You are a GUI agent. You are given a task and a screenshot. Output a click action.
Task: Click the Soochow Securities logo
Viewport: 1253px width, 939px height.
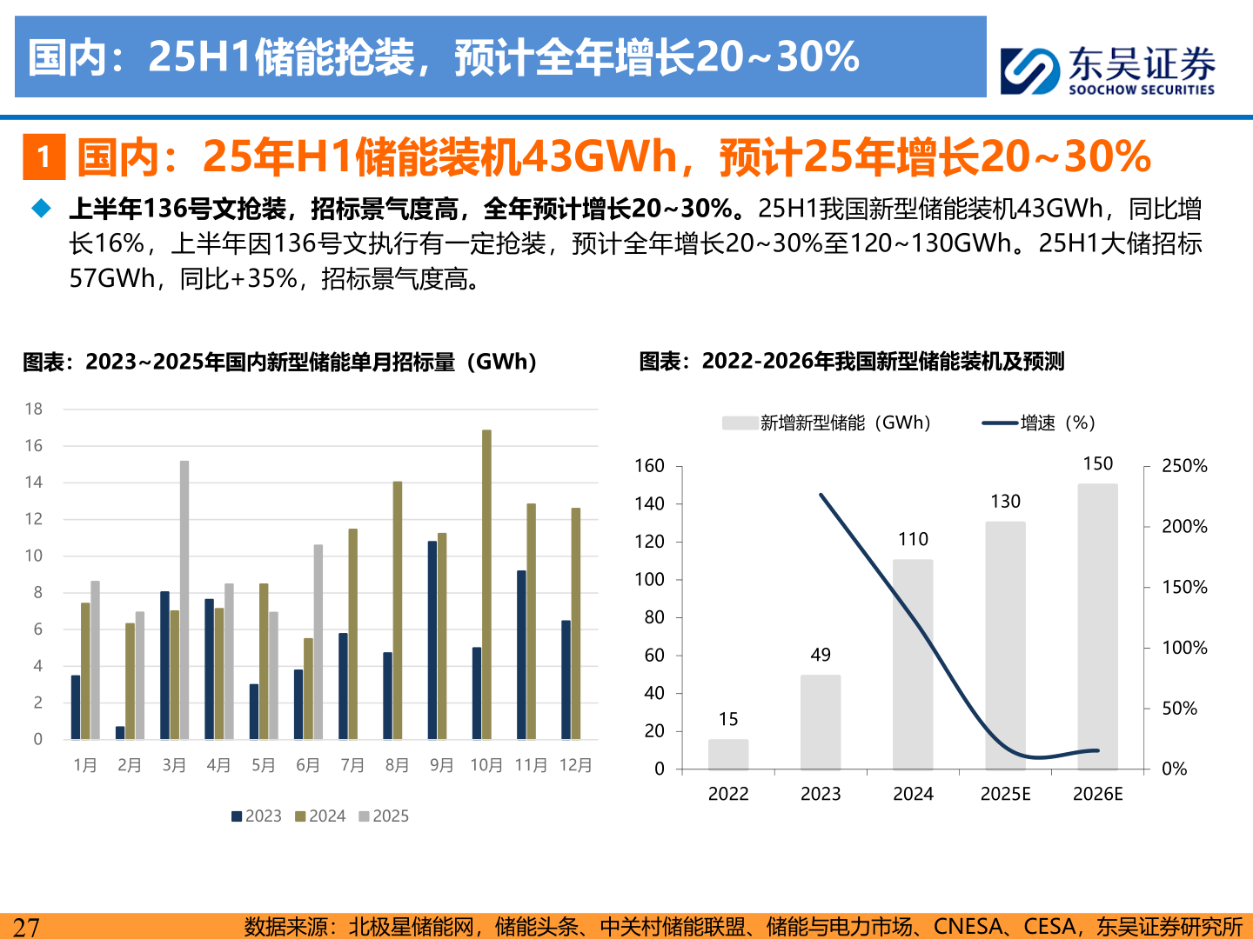(x=1107, y=70)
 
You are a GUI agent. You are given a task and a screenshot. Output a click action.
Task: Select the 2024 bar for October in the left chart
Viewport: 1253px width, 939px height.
(x=486, y=584)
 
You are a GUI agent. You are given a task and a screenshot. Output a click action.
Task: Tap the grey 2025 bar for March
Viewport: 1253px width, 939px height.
(x=184, y=600)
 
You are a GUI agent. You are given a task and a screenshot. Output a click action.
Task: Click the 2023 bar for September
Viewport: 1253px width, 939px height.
(x=432, y=640)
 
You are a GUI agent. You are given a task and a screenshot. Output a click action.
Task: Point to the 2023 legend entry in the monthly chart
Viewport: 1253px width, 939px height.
(x=257, y=816)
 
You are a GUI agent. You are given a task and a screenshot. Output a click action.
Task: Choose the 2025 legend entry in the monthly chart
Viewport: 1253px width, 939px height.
(x=384, y=816)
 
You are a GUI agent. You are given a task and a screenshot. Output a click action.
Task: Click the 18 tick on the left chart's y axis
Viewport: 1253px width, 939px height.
(x=34, y=409)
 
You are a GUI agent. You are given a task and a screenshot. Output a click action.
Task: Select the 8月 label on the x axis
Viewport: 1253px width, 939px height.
(x=397, y=765)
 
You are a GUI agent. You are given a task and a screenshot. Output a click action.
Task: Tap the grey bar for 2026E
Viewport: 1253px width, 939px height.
(x=1097, y=626)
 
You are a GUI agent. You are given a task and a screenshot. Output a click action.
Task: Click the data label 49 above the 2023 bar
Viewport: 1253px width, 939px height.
(x=821, y=655)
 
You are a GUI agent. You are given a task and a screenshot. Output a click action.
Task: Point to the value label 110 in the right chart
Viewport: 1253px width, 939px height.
(x=913, y=539)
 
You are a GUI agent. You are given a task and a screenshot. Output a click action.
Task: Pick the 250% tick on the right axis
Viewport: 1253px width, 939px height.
(x=1184, y=466)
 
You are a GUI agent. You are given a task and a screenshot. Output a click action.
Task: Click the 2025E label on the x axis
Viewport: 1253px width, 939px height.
(x=1005, y=794)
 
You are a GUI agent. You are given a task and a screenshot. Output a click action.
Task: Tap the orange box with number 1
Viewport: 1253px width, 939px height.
(x=44, y=156)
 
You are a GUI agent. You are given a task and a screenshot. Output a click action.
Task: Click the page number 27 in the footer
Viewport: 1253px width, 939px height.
(x=26, y=927)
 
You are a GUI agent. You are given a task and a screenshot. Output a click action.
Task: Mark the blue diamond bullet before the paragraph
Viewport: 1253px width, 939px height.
(x=42, y=209)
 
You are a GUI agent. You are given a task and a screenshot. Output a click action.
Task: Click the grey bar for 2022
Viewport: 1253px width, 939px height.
(x=728, y=755)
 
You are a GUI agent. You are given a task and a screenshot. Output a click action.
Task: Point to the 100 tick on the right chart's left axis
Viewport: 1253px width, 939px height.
(x=649, y=579)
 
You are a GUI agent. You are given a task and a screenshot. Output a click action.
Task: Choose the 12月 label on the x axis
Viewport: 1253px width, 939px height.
(x=575, y=765)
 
